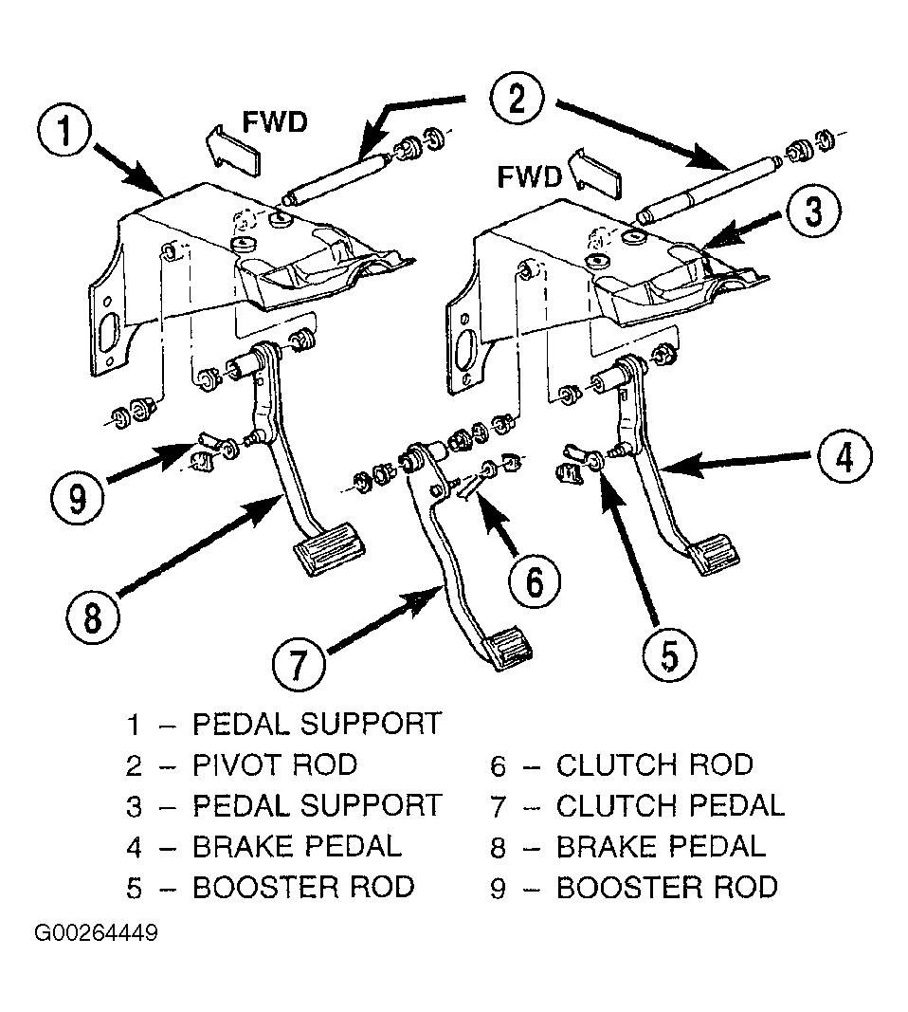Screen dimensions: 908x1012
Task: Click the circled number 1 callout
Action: (x=64, y=131)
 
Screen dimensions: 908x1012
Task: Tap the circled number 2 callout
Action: (x=517, y=100)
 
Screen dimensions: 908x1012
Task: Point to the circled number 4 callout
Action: (x=844, y=457)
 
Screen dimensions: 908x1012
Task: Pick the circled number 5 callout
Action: (x=669, y=655)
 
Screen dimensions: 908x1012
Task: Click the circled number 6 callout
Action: (x=535, y=580)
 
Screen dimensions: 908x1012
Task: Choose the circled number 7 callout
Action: (x=298, y=665)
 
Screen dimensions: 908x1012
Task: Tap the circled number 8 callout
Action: (x=93, y=617)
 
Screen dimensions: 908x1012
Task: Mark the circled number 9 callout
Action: (x=78, y=498)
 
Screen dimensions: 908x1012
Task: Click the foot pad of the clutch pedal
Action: (x=509, y=648)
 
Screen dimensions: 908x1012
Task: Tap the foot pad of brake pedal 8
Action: (x=329, y=548)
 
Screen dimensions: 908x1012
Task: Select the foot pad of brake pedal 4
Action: (x=714, y=553)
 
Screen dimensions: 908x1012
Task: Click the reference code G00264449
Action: (x=96, y=933)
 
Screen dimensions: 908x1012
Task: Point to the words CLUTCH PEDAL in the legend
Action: (x=670, y=805)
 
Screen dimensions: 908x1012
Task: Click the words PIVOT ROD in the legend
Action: (x=275, y=764)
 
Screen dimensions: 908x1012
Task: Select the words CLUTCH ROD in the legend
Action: (x=655, y=764)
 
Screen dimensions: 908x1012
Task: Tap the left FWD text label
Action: (x=275, y=122)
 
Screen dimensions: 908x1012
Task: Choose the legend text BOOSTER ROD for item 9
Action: (x=667, y=887)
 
